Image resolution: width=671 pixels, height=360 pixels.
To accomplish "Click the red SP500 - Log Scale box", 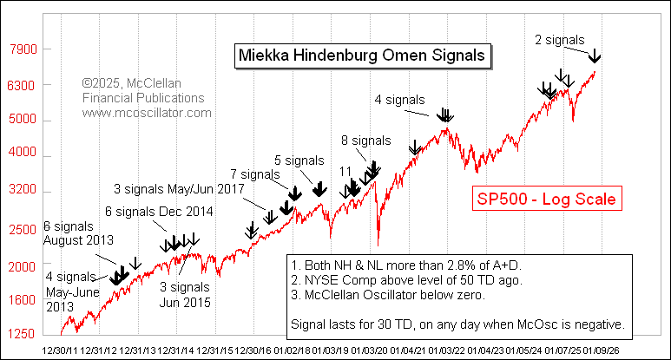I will point(546,199).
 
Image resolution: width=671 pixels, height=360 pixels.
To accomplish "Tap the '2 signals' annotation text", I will point(559,39).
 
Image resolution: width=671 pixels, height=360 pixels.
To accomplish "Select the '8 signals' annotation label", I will point(366,140).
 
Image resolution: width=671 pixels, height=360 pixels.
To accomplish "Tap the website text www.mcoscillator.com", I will point(148,113).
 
